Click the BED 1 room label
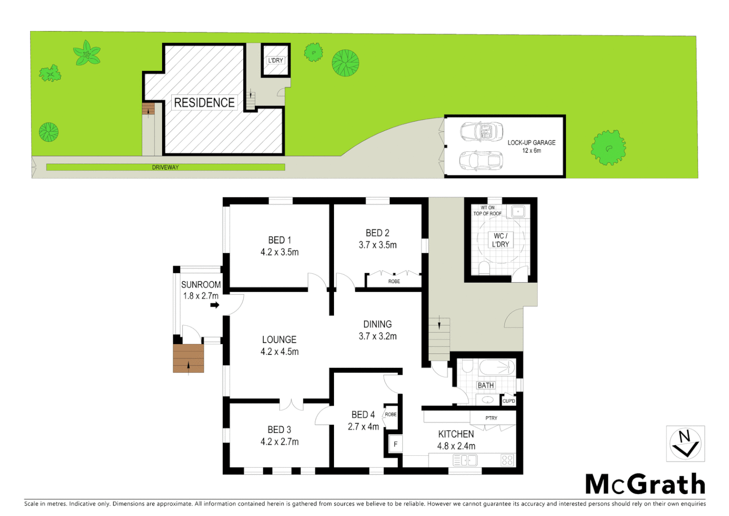click(279, 240)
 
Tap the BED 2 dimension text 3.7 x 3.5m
click(377, 245)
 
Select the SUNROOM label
click(201, 285)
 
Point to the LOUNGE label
click(279, 340)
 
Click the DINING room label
click(377, 324)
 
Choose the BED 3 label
click(279, 430)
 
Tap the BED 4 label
click(363, 415)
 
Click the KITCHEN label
click(456, 434)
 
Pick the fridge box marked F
click(395, 444)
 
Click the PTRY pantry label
click(491, 418)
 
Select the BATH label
click(486, 386)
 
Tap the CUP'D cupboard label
click(509, 401)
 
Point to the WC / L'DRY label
click(500, 240)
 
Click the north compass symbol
click(685, 444)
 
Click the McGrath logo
click(645, 484)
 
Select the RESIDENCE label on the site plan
click(204, 103)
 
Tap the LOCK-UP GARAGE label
click(531, 143)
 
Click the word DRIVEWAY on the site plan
click(165, 168)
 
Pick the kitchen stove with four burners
click(507, 461)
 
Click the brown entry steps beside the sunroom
click(188, 358)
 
